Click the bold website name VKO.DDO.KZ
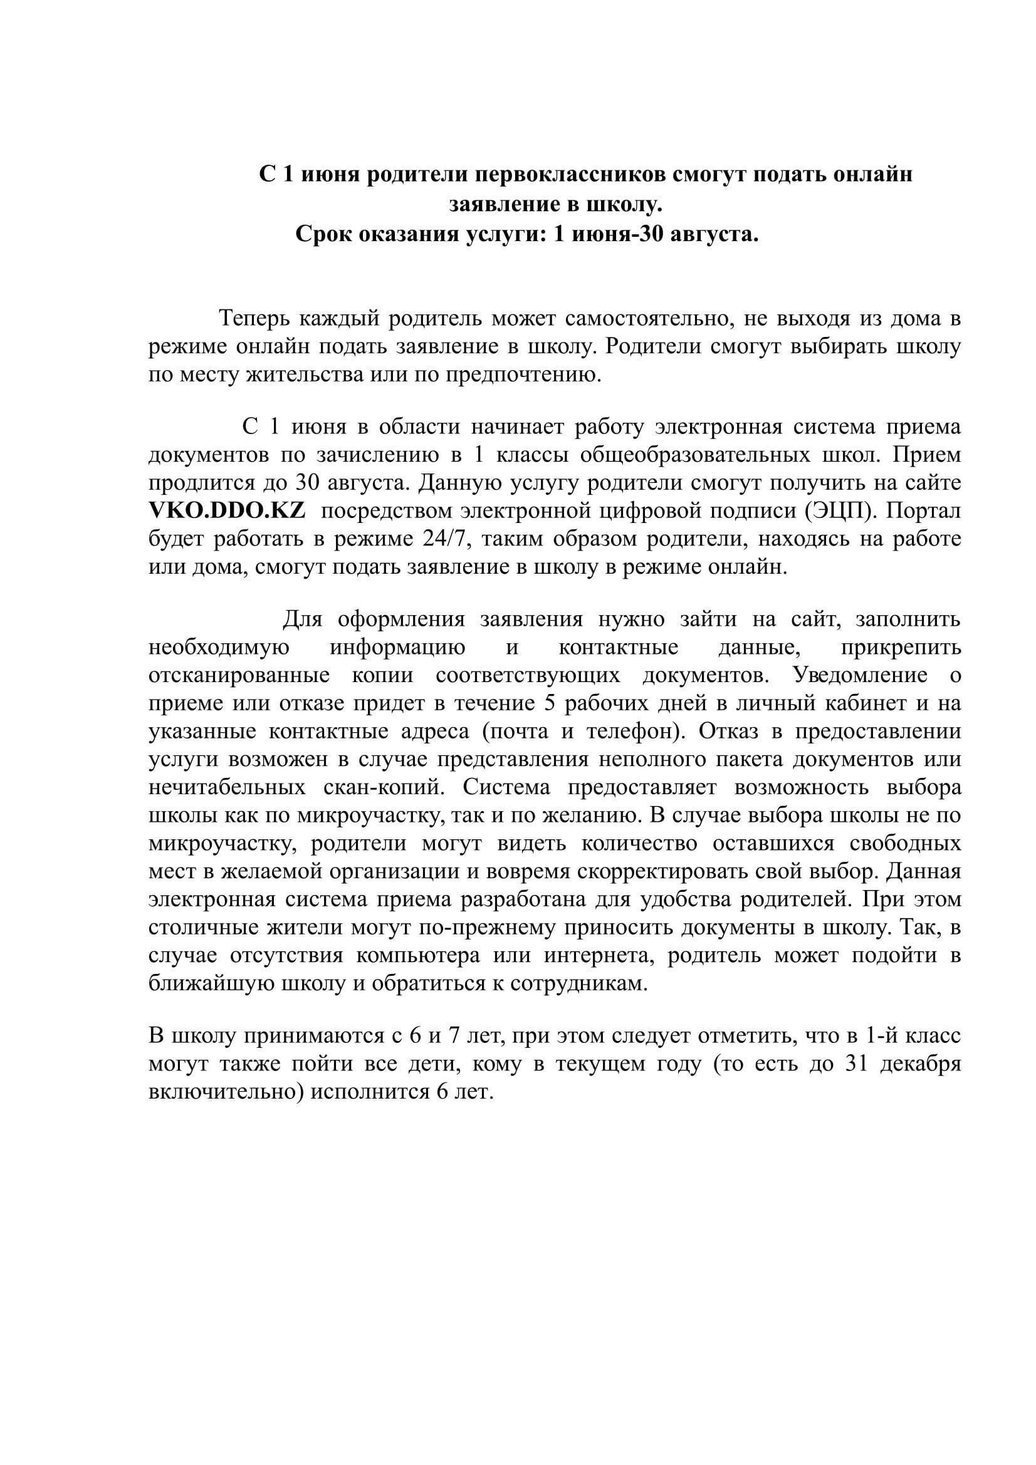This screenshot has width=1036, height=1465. (228, 511)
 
